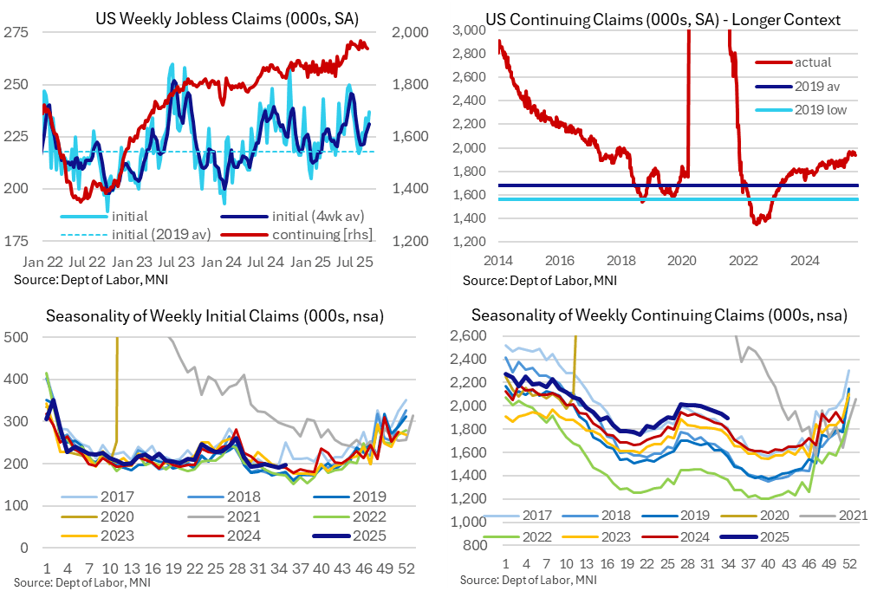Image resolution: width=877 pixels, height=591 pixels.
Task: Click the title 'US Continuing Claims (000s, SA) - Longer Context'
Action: point(651,18)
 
